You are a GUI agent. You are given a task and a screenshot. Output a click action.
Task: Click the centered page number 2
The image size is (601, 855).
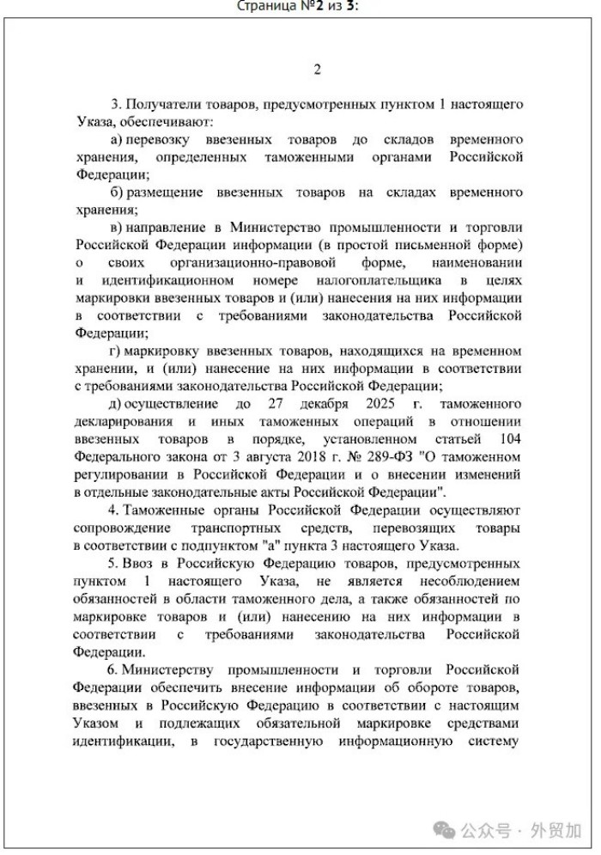point(317,70)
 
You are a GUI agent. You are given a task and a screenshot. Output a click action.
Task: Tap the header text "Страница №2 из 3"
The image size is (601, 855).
point(297,6)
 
